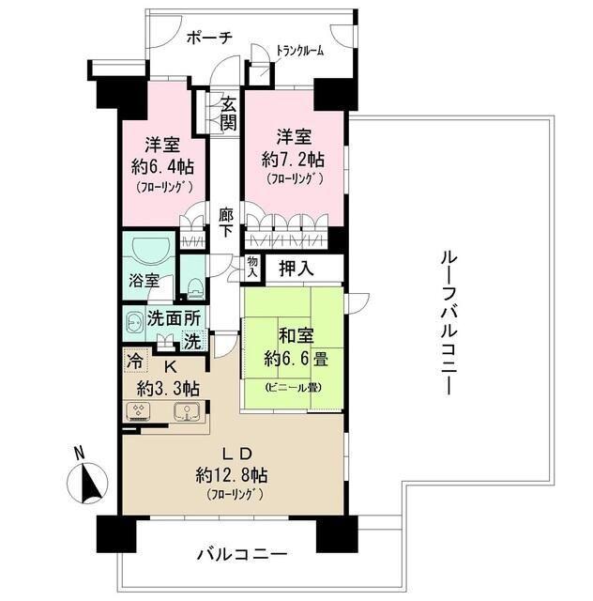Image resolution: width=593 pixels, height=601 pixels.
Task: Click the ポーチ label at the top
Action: coord(209,38)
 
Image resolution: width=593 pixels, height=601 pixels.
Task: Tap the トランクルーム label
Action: coord(299,52)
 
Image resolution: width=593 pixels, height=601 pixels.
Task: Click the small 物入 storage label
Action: coord(252,268)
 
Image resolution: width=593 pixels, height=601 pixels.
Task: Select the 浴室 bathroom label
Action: coord(144,281)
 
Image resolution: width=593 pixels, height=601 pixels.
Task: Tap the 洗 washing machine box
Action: coord(190,342)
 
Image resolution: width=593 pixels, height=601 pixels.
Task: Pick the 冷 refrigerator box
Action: coord(134,360)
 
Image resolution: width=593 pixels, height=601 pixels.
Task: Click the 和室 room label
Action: coord(294,334)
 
